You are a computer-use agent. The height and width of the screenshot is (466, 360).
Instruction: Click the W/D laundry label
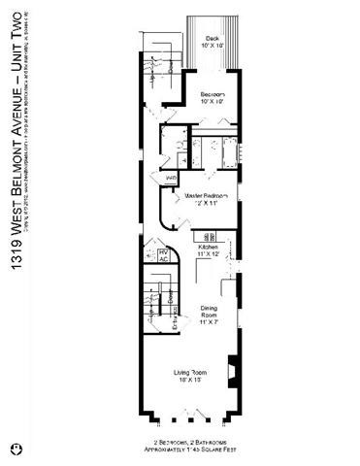coord(171,179)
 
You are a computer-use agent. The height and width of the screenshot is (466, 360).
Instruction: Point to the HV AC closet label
coord(163,255)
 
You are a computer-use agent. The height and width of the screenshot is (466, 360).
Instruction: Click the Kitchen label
coord(208,248)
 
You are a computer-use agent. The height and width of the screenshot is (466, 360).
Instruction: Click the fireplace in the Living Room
coord(232,373)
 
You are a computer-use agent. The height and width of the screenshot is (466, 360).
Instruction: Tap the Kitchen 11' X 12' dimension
coord(208,254)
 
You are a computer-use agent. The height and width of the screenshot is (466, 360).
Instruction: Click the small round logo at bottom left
coord(15,449)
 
